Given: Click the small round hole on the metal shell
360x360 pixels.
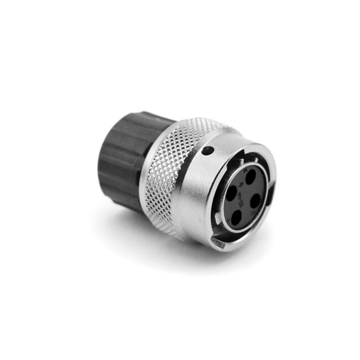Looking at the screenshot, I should pos(208,150).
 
